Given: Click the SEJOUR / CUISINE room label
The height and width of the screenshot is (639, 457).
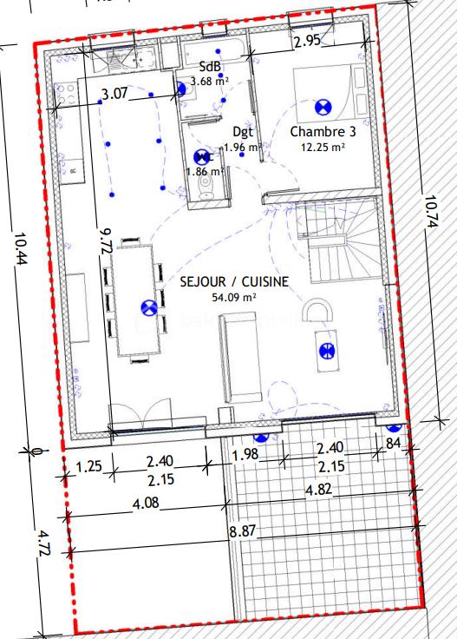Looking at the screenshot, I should tap(233, 282).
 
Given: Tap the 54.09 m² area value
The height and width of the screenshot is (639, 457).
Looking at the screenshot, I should tap(233, 297).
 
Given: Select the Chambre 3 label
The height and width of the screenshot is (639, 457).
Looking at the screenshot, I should tap(323, 132).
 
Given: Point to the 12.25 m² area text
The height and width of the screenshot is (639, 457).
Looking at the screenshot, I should tap(323, 147).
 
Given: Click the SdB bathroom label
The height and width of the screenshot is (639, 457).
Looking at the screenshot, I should tap(209, 67).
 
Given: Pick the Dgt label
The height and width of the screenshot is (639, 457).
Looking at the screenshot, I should tap(243, 132).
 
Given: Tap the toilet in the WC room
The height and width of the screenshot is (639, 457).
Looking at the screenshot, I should tap(205, 189).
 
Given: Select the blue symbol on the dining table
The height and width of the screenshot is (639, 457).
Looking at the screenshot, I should tap(148, 306).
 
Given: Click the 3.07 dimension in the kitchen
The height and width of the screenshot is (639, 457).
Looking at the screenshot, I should tap(115, 94).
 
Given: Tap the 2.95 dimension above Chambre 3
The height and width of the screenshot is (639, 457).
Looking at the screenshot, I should tap(307, 40).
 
